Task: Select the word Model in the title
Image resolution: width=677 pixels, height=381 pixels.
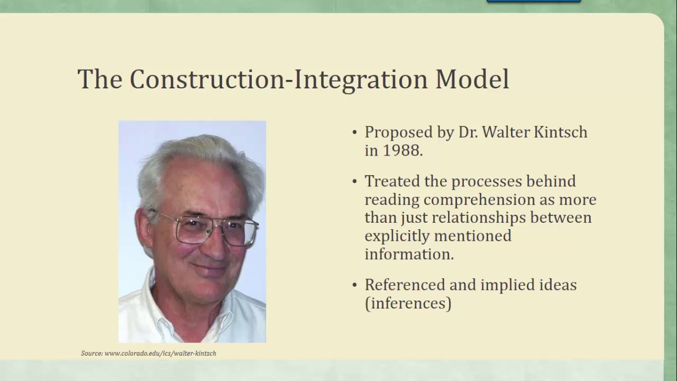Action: point(472,79)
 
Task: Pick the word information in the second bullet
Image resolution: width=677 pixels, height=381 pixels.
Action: point(409,254)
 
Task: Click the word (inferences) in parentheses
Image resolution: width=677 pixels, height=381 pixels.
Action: point(408,303)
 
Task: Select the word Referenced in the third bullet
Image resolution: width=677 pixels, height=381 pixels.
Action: point(405,285)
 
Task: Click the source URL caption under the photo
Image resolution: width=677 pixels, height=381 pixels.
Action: point(149,353)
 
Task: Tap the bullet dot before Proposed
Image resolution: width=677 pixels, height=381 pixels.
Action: point(355,132)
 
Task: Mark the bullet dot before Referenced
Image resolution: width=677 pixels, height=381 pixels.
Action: point(355,285)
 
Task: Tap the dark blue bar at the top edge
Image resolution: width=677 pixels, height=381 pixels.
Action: point(533,1)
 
